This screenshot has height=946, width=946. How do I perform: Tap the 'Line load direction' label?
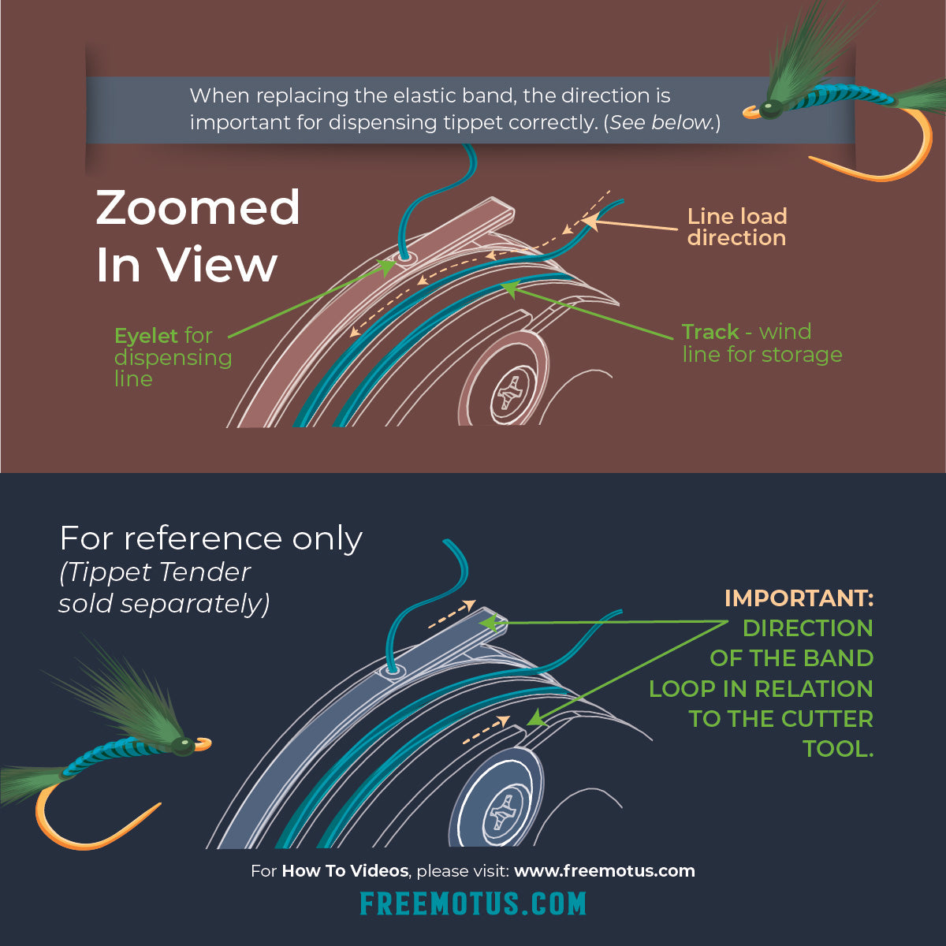[736, 227]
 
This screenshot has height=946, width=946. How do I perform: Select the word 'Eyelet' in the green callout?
[147, 336]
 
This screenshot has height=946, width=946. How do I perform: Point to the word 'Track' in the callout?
[710, 332]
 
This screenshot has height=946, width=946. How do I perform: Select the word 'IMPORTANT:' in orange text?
[798, 598]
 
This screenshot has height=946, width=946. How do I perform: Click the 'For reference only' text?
[210, 538]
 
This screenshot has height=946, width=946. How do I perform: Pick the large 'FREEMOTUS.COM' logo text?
[473, 903]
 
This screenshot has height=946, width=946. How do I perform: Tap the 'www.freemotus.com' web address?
[605, 871]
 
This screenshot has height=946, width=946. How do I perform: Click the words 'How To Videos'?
[345, 871]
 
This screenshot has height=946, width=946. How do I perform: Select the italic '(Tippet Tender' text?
[155, 572]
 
